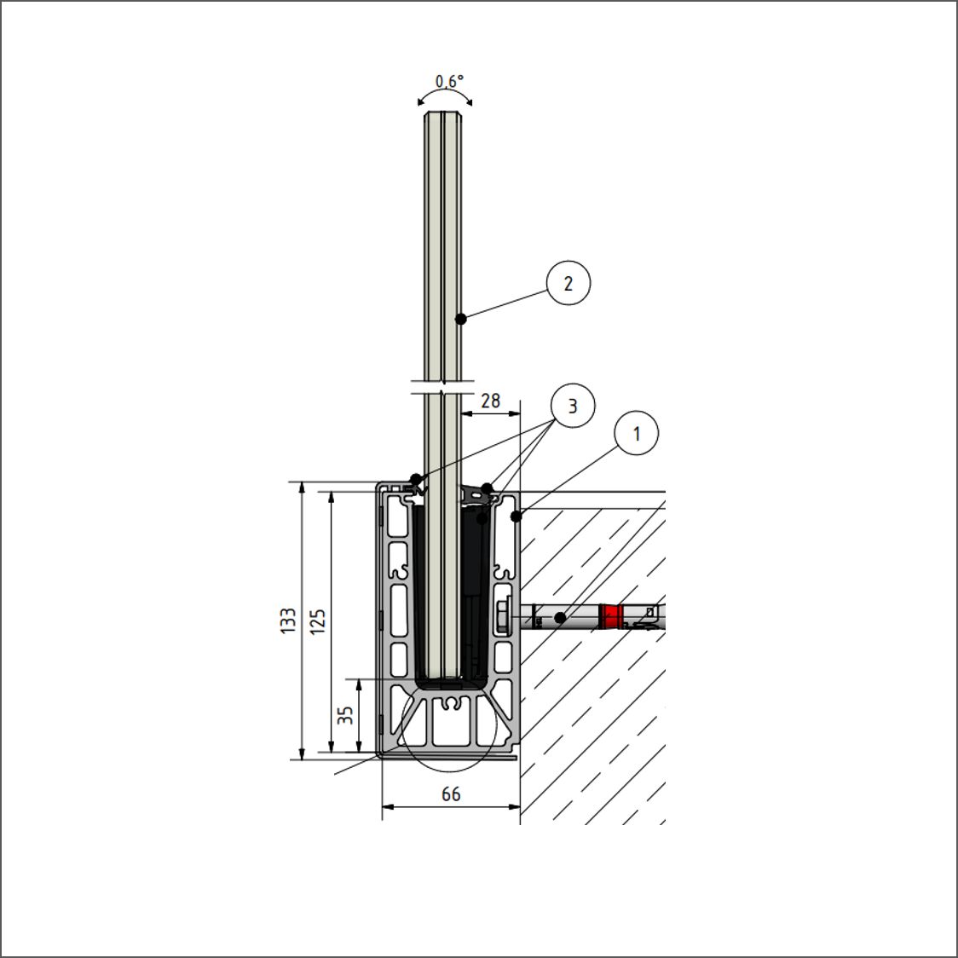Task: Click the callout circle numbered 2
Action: (568, 283)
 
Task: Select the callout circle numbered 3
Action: (573, 406)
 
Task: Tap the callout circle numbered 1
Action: (637, 433)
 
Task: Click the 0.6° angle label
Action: (450, 81)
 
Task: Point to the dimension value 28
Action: (491, 401)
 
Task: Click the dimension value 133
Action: (288, 620)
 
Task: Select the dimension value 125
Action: (318, 621)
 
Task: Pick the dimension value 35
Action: (346, 715)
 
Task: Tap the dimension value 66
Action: (451, 794)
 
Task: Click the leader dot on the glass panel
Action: (461, 319)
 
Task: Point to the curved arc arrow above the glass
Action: (445, 92)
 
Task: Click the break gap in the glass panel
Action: (442, 387)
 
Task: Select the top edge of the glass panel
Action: (442, 112)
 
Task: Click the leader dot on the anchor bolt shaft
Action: (560, 618)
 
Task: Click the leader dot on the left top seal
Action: (415, 478)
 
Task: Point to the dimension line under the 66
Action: (451, 806)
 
